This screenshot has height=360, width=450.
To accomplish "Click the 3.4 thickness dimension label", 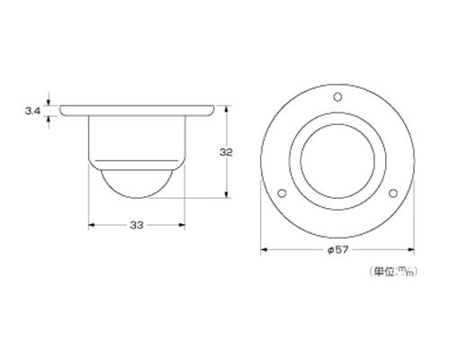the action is click(x=32, y=112).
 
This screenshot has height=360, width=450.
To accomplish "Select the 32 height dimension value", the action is click(x=226, y=152).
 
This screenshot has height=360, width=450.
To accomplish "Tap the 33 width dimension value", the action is click(x=137, y=225).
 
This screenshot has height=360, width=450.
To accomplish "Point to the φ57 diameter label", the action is click(x=337, y=249).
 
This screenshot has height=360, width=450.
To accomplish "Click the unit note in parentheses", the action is click(x=393, y=271).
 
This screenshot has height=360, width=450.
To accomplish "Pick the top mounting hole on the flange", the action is click(x=337, y=97).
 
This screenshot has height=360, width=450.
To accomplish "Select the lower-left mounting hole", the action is click(x=282, y=193).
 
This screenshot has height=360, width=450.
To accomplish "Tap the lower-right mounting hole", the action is click(x=393, y=193).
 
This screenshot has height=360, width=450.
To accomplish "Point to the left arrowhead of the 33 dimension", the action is click(x=92, y=225).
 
